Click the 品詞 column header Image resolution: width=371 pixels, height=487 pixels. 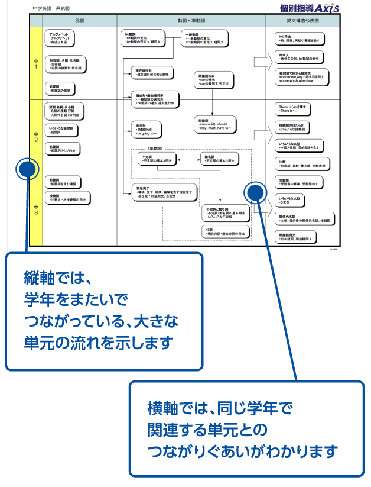coord(80,20)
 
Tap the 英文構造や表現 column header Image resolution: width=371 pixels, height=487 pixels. coord(302,20)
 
